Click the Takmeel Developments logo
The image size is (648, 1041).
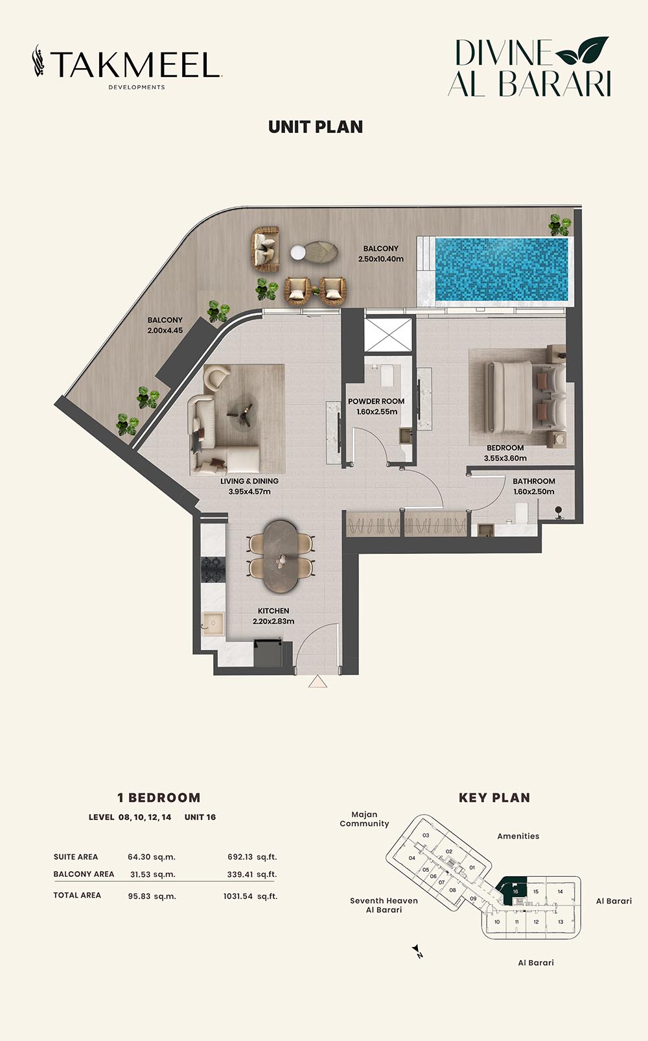[x=127, y=66]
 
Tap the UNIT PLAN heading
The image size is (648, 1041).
[x=316, y=127]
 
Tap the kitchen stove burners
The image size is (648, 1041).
[x=213, y=569]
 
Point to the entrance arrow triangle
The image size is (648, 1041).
[x=318, y=681]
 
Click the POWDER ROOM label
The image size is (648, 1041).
[x=376, y=401]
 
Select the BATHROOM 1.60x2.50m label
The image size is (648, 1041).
[x=534, y=486]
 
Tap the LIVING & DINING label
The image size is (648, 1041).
[x=249, y=481]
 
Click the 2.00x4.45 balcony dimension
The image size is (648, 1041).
[x=165, y=330]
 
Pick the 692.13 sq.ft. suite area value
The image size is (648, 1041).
[x=252, y=857]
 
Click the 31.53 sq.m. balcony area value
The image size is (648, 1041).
[x=153, y=874]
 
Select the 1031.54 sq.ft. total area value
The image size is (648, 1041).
[x=250, y=896]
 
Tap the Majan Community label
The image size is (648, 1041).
[x=364, y=819]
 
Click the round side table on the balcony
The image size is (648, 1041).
[x=298, y=252]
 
